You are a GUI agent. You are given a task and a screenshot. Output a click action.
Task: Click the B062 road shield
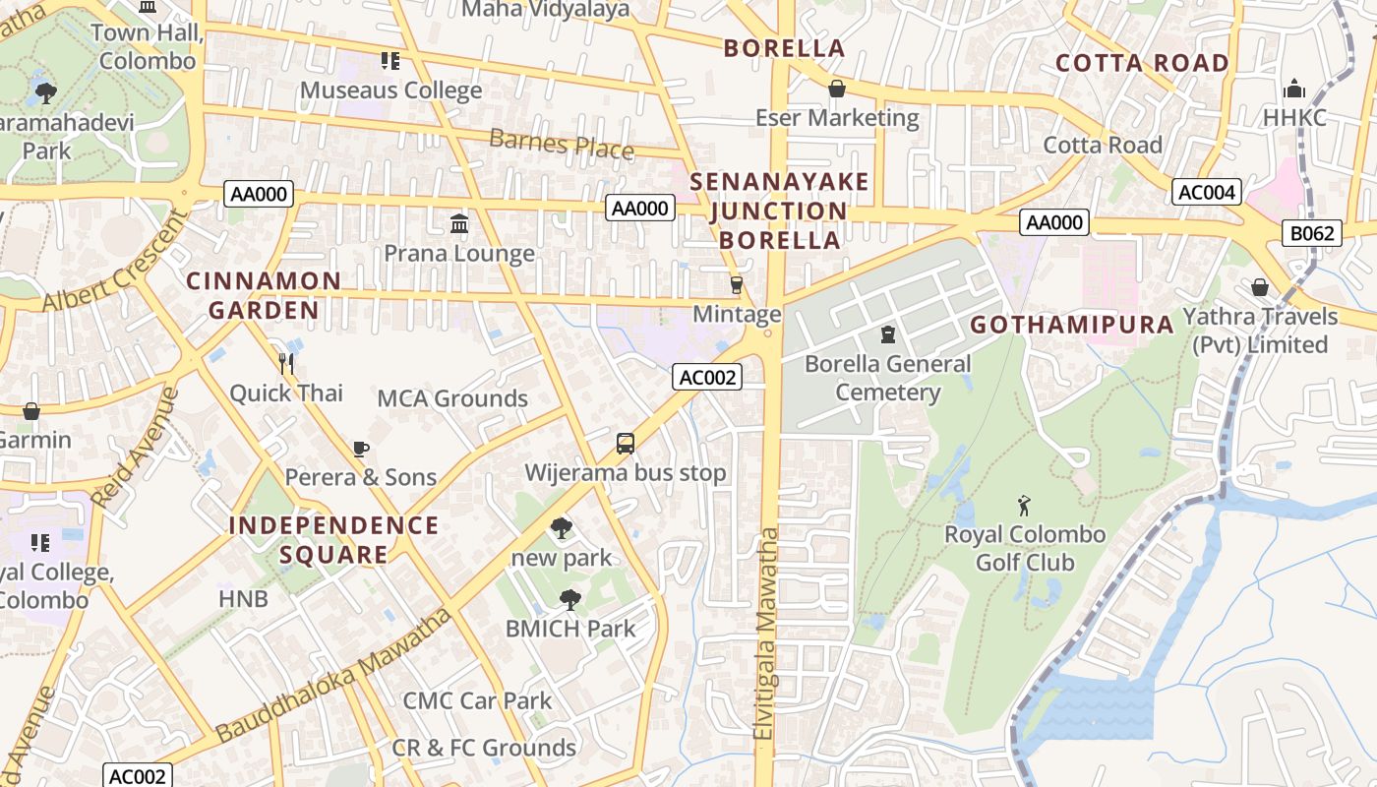click(1312, 233)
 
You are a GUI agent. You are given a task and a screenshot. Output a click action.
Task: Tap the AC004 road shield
click(1206, 192)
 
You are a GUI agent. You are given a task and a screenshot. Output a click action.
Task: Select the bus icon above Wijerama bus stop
click(626, 444)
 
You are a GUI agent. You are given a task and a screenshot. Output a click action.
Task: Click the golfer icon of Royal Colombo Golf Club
click(1025, 507)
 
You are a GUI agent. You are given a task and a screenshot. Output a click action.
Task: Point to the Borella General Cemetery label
click(887, 378)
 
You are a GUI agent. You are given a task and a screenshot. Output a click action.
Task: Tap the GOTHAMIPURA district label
click(1072, 325)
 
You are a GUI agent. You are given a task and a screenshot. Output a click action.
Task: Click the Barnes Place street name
click(561, 144)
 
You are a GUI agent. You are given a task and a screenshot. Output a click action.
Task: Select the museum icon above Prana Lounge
click(458, 224)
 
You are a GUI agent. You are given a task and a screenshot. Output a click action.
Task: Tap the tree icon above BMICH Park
click(569, 600)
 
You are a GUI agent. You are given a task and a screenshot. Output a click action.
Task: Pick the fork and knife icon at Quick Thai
click(286, 364)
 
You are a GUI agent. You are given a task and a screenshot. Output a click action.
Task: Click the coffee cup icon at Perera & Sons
click(361, 450)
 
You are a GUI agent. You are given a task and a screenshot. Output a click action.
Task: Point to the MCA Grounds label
click(452, 398)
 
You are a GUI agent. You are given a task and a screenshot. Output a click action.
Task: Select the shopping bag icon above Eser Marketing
click(836, 90)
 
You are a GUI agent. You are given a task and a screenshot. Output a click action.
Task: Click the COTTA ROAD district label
click(1141, 64)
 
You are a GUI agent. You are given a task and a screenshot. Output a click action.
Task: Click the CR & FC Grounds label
click(484, 748)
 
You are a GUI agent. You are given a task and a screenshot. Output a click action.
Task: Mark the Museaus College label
click(390, 91)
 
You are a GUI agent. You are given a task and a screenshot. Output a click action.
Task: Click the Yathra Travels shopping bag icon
click(1259, 287)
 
